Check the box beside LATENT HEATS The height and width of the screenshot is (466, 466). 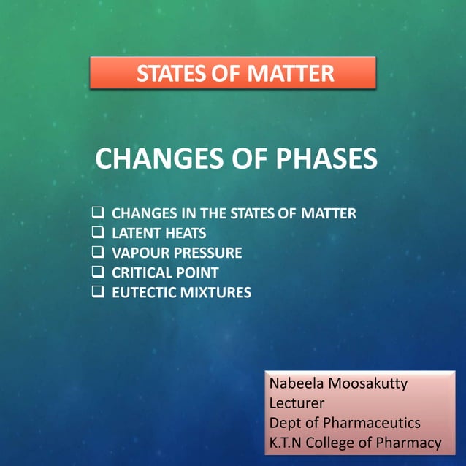tap(97, 234)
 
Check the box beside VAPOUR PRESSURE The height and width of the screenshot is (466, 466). tap(97, 253)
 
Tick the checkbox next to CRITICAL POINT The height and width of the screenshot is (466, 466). tap(97, 272)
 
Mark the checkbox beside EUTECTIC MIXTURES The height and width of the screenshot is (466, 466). tap(97, 292)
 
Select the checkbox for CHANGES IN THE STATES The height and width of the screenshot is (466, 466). tap(97, 214)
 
